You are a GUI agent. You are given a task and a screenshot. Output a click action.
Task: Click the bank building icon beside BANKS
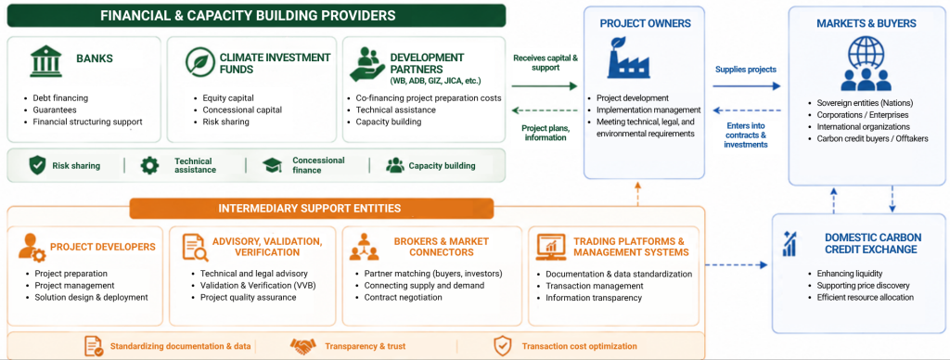pyautogui.click(x=46, y=60)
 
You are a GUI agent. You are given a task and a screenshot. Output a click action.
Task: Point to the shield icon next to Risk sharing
pyautogui.click(x=37, y=165)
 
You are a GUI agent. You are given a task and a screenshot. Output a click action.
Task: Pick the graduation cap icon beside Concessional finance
pyautogui.click(x=273, y=165)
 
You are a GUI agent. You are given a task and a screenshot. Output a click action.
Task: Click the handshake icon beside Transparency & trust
pyautogui.click(x=303, y=346)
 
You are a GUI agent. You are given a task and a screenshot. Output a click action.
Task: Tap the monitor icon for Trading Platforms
pyautogui.click(x=551, y=248)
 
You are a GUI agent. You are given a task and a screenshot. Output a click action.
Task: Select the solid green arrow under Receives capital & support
pyautogui.click(x=544, y=86)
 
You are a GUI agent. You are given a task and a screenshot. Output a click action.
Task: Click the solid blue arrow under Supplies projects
pyautogui.click(x=747, y=86)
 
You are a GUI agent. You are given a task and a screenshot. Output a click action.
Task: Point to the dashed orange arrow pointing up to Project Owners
pyautogui.click(x=637, y=194)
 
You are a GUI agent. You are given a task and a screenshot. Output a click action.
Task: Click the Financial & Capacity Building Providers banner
pyautogui.click(x=256, y=16)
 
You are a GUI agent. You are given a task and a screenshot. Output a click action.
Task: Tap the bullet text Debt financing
pyautogui.click(x=60, y=98)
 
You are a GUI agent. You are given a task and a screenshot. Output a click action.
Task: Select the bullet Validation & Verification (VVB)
pyautogui.click(x=258, y=286)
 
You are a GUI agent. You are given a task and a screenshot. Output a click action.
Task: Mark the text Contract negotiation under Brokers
pyautogui.click(x=403, y=297)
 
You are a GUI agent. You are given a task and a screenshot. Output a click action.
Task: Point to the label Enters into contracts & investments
pyautogui.click(x=745, y=135)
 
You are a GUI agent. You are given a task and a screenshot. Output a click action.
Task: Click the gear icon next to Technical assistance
pyautogui.click(x=149, y=165)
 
